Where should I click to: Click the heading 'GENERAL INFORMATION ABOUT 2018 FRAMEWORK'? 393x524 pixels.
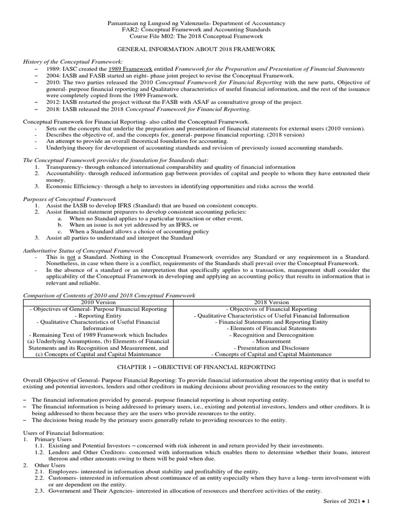pos(197,49)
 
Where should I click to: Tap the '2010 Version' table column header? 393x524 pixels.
pos(98,302)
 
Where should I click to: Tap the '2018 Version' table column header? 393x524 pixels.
pos(271,302)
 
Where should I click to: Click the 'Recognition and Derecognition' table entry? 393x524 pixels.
pos(271,335)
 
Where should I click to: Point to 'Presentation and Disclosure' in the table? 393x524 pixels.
pos(271,347)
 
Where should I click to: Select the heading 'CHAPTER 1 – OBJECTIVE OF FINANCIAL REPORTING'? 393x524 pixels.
pos(197,367)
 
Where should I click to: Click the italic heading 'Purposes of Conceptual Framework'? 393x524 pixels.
pos(70,199)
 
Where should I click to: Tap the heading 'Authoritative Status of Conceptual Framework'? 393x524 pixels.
pos(83,251)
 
